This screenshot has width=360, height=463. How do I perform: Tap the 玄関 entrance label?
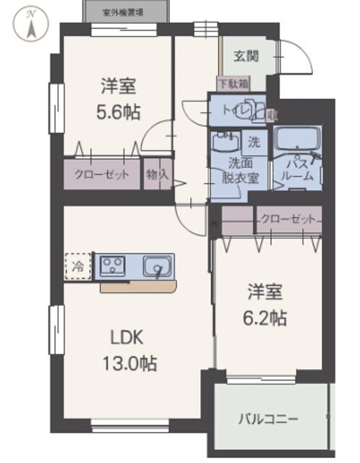[247, 55]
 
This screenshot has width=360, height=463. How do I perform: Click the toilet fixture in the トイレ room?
[249, 111]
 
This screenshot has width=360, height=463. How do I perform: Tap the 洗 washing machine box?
[254, 139]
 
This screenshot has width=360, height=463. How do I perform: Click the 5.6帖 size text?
[120, 111]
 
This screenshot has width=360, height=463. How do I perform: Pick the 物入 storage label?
[157, 174]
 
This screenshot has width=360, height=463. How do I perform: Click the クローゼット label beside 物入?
[101, 174]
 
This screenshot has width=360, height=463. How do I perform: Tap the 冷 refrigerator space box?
[77, 266]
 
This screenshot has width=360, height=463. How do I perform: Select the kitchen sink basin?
[156, 267]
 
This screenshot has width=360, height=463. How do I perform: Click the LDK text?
[127, 336]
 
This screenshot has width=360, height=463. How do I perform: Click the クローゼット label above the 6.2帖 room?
[287, 218]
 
